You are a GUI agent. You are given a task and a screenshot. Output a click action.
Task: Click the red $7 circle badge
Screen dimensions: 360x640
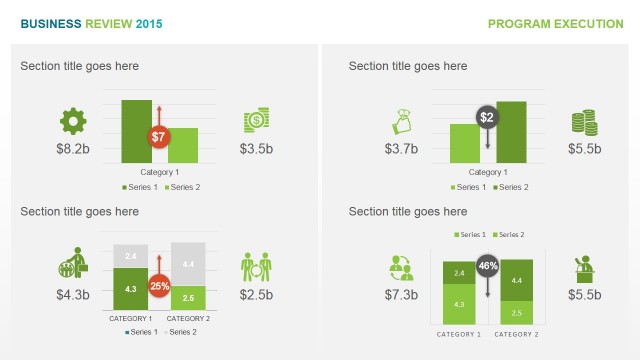(158, 136)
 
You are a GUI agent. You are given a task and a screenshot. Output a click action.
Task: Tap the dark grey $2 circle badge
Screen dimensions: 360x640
(487, 118)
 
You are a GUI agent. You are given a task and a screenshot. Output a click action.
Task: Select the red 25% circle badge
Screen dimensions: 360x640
(159, 285)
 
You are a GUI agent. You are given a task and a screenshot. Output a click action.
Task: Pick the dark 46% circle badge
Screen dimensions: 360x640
(488, 267)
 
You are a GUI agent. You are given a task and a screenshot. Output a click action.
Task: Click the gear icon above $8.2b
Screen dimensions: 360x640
(73, 122)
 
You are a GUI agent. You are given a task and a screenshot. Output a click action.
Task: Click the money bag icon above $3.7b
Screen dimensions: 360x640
(400, 123)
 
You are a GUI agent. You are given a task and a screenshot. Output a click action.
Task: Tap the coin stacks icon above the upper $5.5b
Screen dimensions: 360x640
(584, 122)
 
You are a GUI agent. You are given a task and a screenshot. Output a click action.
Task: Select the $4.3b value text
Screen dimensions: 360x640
(73, 295)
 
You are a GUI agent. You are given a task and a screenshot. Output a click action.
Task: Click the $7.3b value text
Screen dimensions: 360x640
(401, 295)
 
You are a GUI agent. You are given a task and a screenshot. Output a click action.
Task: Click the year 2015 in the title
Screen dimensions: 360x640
(148, 24)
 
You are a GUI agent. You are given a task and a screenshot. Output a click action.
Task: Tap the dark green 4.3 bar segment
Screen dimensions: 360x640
(131, 289)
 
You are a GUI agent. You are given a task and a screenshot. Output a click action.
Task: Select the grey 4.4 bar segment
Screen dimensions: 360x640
(188, 264)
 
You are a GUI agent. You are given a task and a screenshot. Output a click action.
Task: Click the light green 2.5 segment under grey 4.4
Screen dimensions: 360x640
(188, 298)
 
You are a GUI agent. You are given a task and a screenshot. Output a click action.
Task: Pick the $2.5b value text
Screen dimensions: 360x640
(257, 295)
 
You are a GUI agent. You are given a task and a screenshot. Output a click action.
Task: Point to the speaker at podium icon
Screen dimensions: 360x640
(584, 268)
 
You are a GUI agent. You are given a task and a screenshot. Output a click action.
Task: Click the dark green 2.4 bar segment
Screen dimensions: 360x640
(459, 273)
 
